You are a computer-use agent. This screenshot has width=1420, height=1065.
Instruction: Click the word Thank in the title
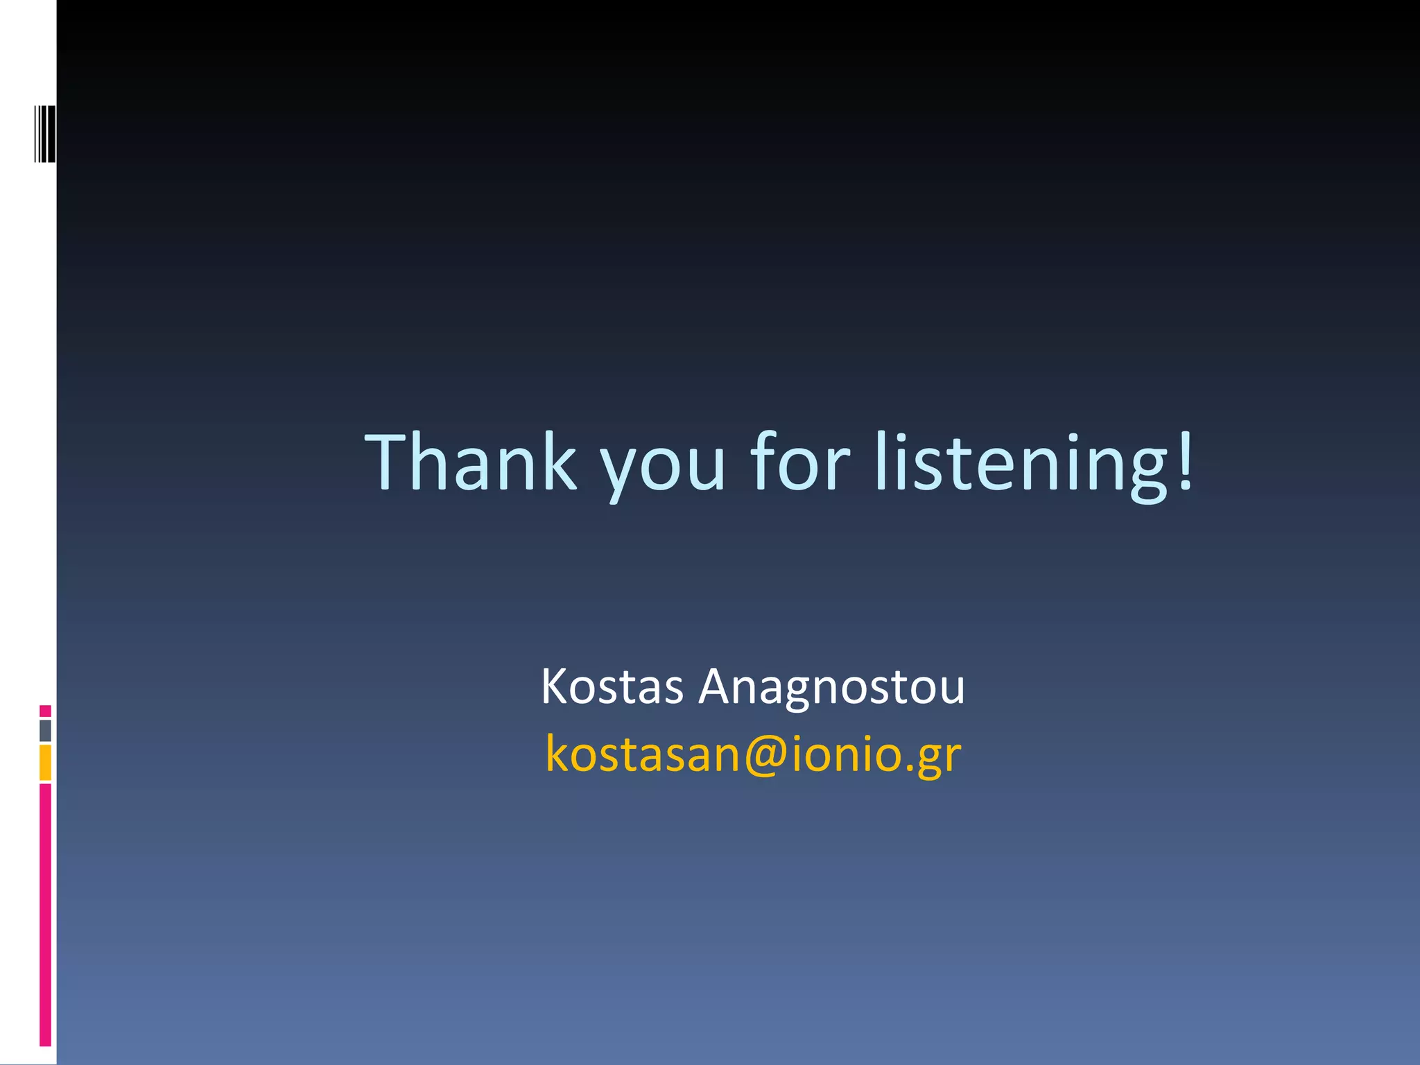click(471, 462)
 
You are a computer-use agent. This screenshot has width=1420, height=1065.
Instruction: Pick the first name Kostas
click(612, 687)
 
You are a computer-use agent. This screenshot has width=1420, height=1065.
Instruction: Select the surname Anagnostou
click(831, 689)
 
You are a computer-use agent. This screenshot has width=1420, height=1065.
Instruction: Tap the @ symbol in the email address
click(765, 755)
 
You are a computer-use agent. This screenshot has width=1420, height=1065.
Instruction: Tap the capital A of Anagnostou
click(717, 686)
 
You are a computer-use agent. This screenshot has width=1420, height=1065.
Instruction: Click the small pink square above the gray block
click(45, 711)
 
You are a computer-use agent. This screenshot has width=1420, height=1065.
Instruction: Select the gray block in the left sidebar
click(45, 731)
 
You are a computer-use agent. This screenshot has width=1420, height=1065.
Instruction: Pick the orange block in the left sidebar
click(45, 763)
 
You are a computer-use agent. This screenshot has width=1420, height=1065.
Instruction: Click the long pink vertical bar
click(45, 915)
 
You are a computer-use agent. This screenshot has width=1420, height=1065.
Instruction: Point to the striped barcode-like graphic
click(45, 133)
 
